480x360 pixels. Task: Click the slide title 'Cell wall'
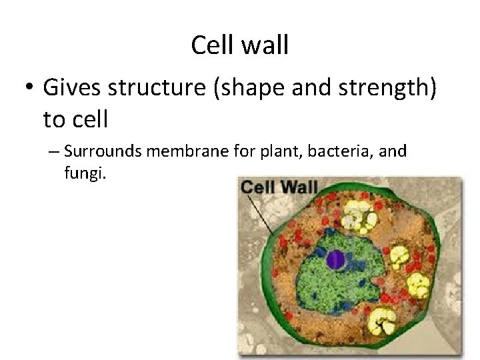pyautogui.click(x=239, y=45)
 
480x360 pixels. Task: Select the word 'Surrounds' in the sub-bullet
pyautogui.click(x=103, y=152)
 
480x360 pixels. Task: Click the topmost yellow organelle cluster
pyautogui.click(x=359, y=215)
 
